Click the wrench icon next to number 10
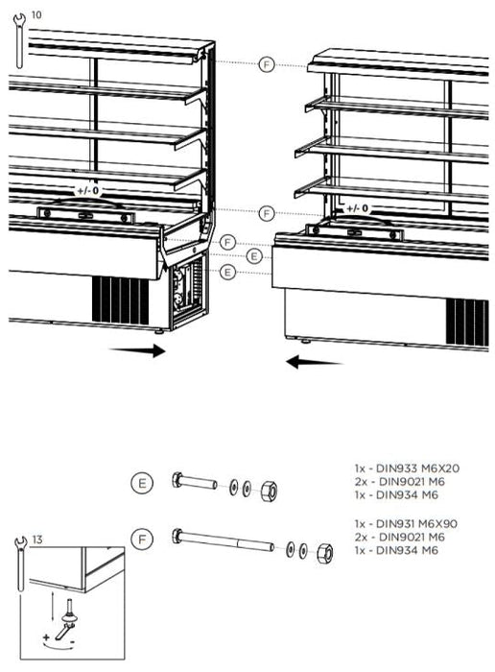coord(19,41)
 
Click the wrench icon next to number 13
coord(21,564)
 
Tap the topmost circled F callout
coord(267,64)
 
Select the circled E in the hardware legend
coord(142,483)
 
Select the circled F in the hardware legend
coord(142,540)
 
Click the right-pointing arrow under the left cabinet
coord(137,350)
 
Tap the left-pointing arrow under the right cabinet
coord(314,362)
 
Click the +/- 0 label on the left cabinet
coord(88,190)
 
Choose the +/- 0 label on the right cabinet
coord(357,208)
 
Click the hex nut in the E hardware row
coord(269,490)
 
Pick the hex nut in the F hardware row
coord(325,553)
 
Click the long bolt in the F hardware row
coord(224,540)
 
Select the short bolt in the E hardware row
coord(195,482)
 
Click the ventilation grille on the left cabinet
coord(120,300)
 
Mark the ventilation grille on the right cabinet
coord(467,323)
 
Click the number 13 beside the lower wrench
coord(37,540)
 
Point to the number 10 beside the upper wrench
coord(36,15)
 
